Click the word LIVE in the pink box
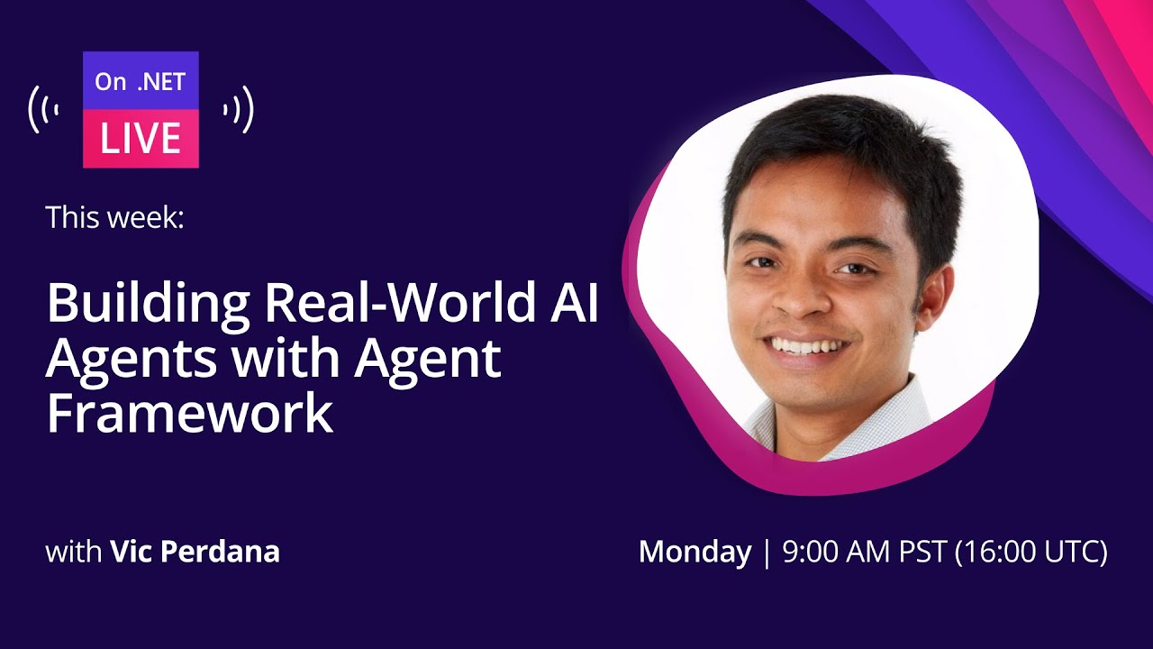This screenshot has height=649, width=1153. [141, 138]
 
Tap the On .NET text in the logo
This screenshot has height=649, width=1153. [140, 82]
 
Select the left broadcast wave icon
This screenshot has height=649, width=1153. [44, 110]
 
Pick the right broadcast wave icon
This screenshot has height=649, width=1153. [239, 110]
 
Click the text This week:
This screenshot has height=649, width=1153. [114, 217]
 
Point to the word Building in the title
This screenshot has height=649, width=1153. [148, 305]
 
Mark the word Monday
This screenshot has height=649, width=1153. [695, 552]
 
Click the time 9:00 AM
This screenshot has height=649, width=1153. [832, 552]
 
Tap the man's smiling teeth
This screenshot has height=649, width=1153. [807, 345]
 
